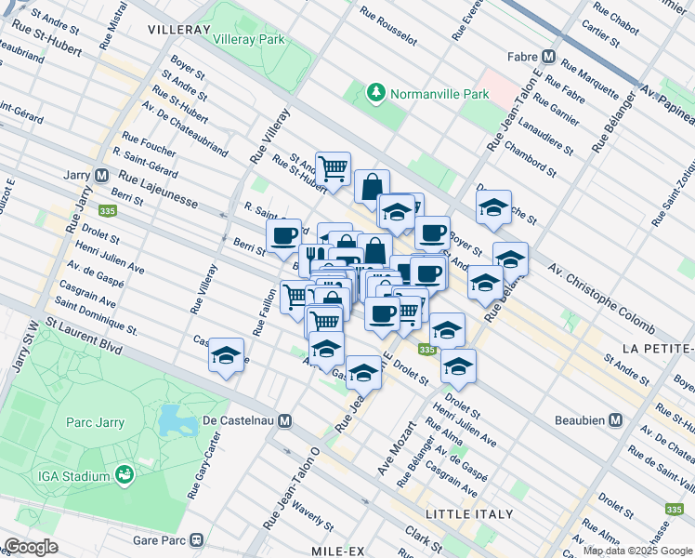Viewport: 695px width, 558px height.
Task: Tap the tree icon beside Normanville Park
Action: point(375,93)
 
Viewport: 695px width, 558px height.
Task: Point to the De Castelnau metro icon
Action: point(285,420)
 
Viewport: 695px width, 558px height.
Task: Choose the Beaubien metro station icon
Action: point(615,420)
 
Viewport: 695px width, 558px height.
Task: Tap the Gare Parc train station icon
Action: point(196,539)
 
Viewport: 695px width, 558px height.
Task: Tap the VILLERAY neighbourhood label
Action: point(178,30)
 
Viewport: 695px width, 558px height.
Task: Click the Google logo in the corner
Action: point(31,547)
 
